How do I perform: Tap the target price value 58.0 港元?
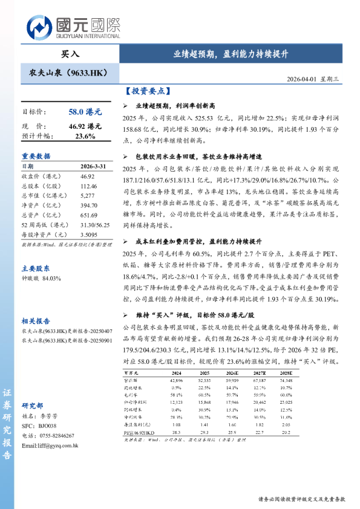click(85, 112)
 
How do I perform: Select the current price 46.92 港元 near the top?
click(85, 126)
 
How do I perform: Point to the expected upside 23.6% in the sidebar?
click(85, 136)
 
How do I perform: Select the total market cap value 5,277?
click(88, 196)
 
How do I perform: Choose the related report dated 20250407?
click(67, 332)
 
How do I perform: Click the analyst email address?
click(50, 446)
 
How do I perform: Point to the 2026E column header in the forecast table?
click(232, 374)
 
